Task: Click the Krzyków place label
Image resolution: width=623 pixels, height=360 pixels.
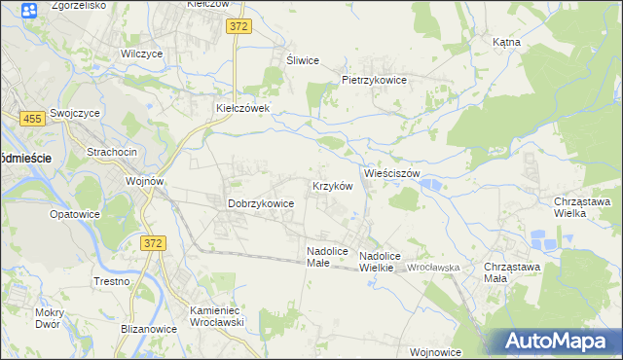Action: tap(331, 185)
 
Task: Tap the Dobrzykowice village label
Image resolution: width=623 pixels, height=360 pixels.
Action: tap(261, 203)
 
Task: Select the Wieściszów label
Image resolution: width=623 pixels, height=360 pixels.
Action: tap(391, 173)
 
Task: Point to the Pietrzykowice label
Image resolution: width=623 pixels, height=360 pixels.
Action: tap(374, 80)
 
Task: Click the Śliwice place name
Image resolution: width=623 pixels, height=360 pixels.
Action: tap(303, 60)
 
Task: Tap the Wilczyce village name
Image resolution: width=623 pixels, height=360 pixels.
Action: tap(142, 54)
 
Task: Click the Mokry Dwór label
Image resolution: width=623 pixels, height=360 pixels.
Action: tap(48, 318)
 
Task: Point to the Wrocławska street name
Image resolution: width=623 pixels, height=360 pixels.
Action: tap(433, 267)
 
